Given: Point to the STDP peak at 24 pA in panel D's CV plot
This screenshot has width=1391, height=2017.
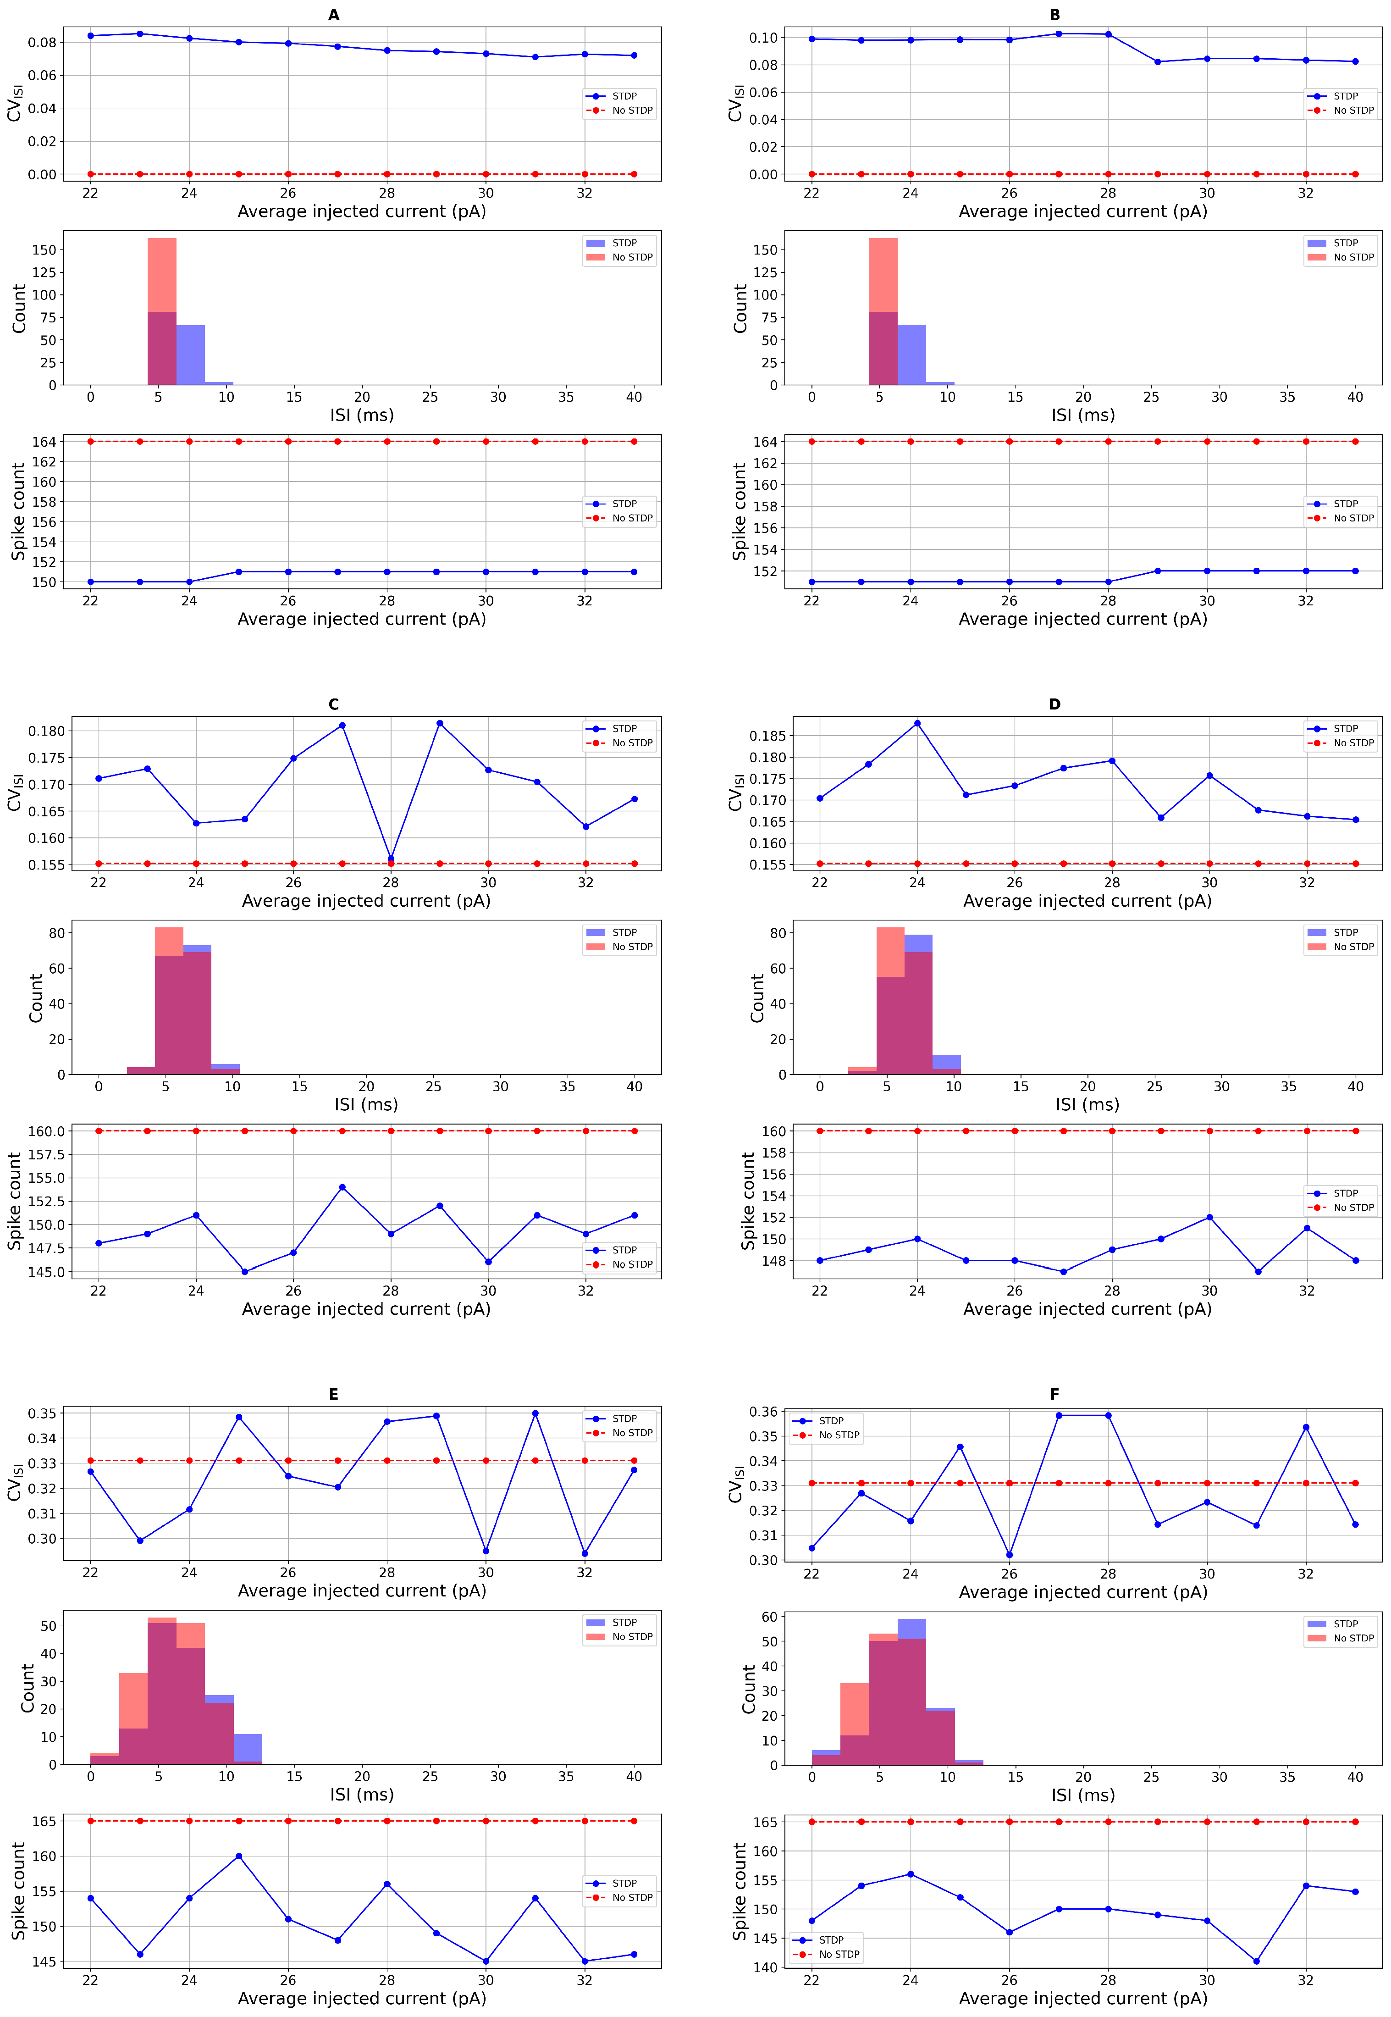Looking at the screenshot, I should click(917, 724).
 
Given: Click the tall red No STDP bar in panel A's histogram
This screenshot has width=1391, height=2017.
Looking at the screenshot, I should click(162, 275).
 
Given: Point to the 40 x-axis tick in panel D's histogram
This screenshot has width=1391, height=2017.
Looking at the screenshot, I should click(1355, 1086).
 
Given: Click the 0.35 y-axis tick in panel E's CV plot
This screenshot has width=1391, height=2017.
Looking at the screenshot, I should click(44, 1413).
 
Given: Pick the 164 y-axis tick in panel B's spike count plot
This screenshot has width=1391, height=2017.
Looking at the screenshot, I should click(764, 442).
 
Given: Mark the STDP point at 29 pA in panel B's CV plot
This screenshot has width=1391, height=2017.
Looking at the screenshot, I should click(1158, 62).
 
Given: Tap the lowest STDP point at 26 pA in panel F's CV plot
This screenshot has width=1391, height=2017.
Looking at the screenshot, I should click(1009, 1554).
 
